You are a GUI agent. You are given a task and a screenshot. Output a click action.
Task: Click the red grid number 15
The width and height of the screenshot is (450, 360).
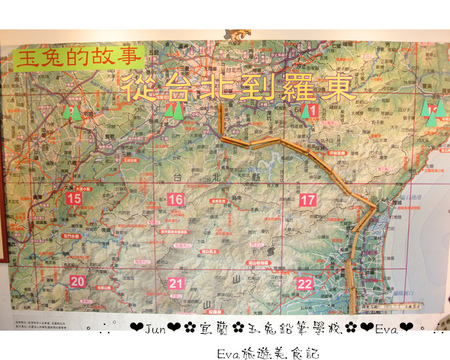pyautogui.click(x=73, y=199)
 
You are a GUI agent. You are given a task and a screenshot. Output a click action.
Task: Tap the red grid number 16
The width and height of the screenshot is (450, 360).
pyautogui.click(x=175, y=200)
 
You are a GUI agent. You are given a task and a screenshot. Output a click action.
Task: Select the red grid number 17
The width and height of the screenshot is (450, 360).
pyautogui.click(x=307, y=200)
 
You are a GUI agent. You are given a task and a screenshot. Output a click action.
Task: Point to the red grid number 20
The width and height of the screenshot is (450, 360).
pyautogui.click(x=77, y=283)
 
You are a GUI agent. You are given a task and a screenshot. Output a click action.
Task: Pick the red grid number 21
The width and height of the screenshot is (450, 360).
pyautogui.click(x=176, y=284)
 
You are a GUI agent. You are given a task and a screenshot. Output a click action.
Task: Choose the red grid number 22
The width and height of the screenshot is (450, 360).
pyautogui.click(x=305, y=284)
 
